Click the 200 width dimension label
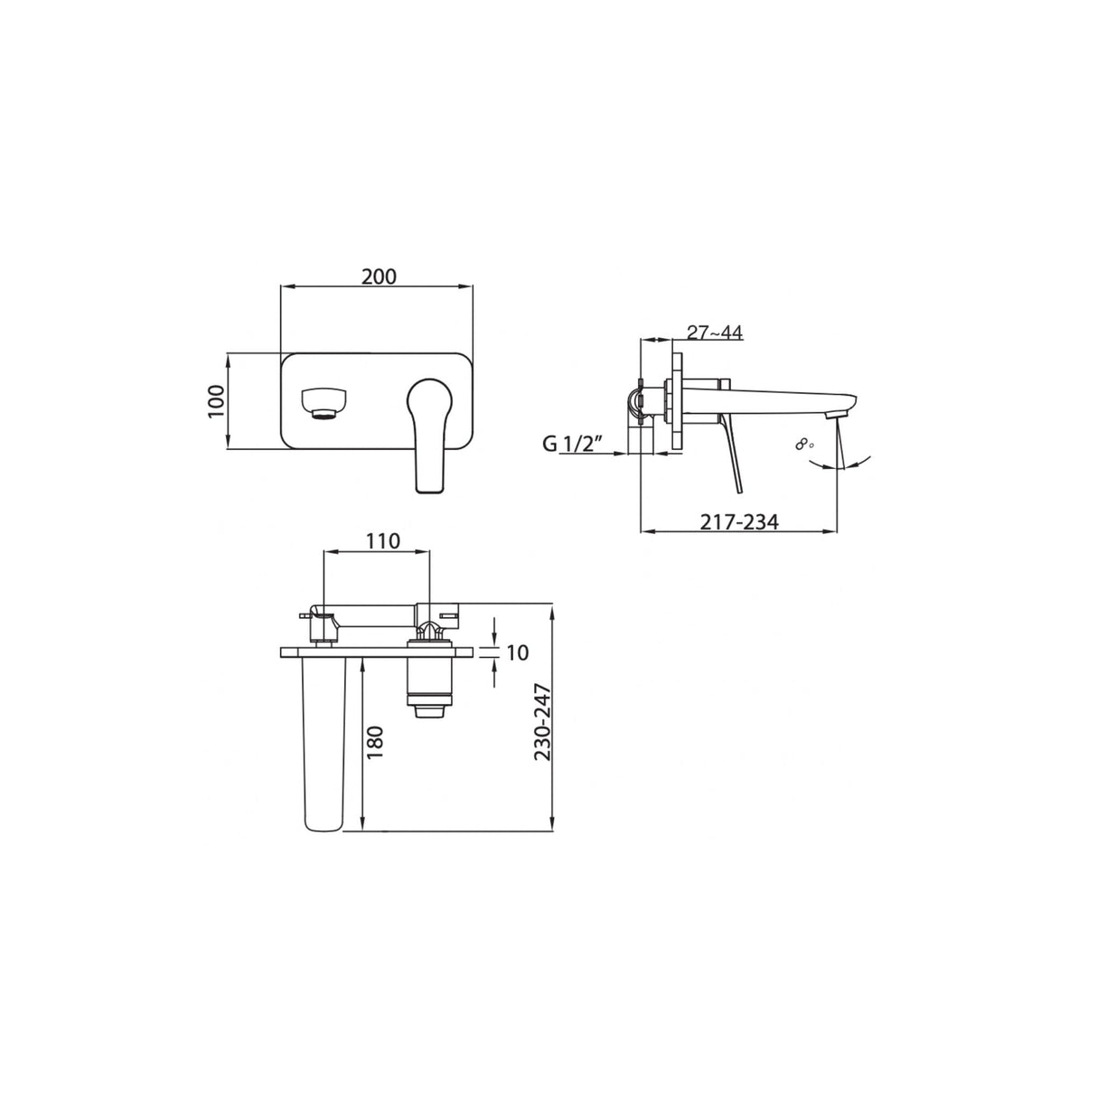pyautogui.click(x=379, y=276)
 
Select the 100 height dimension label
pyautogui.click(x=215, y=400)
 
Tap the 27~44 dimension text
pyautogui.click(x=714, y=333)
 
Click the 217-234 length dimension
pyautogui.click(x=738, y=521)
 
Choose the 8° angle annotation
pyautogui.click(x=804, y=444)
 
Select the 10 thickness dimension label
pyautogui.click(x=518, y=652)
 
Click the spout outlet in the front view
pyautogui.click(x=323, y=403)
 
